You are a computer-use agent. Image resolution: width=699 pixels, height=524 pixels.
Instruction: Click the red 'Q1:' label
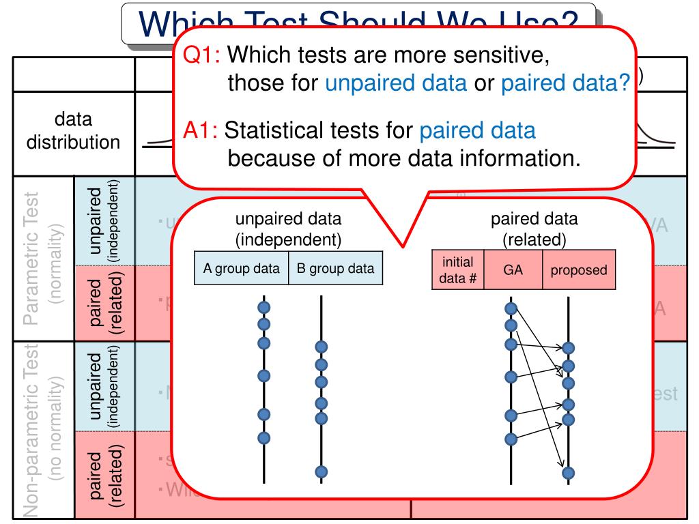203,54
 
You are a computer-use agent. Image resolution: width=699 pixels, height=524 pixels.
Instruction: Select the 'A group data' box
242,268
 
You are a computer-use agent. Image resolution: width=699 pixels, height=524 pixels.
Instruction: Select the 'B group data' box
335,268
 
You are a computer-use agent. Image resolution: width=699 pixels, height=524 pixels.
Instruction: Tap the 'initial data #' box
458,270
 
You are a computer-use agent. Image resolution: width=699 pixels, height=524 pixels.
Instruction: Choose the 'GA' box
513,270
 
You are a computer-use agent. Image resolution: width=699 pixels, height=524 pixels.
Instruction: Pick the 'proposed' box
579,270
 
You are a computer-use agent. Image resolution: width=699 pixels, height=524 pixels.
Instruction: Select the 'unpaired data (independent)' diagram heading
288,229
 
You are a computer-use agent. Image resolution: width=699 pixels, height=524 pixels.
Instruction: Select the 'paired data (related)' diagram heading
534,229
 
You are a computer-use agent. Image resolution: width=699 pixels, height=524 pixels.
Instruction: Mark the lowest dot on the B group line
322,471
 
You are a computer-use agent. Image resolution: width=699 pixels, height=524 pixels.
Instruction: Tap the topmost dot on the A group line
264,308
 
